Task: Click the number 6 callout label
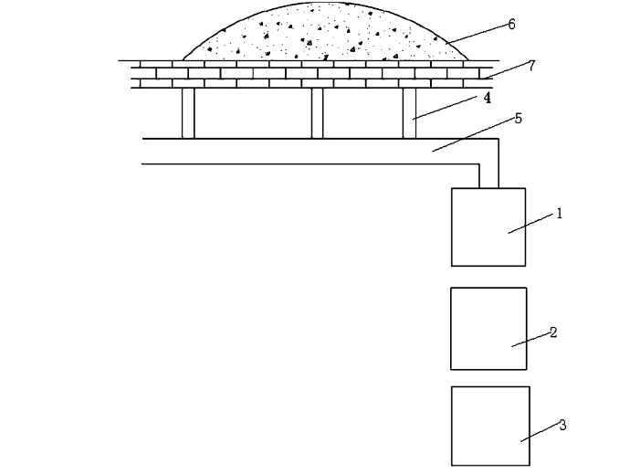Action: tap(511, 25)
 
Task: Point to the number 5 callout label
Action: tap(518, 119)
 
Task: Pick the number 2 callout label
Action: tap(553, 332)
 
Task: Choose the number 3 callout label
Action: tap(562, 425)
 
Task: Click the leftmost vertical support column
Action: tap(188, 113)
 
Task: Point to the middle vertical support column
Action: tap(317, 113)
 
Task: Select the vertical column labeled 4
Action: tap(409, 113)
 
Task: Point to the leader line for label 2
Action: tap(530, 339)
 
